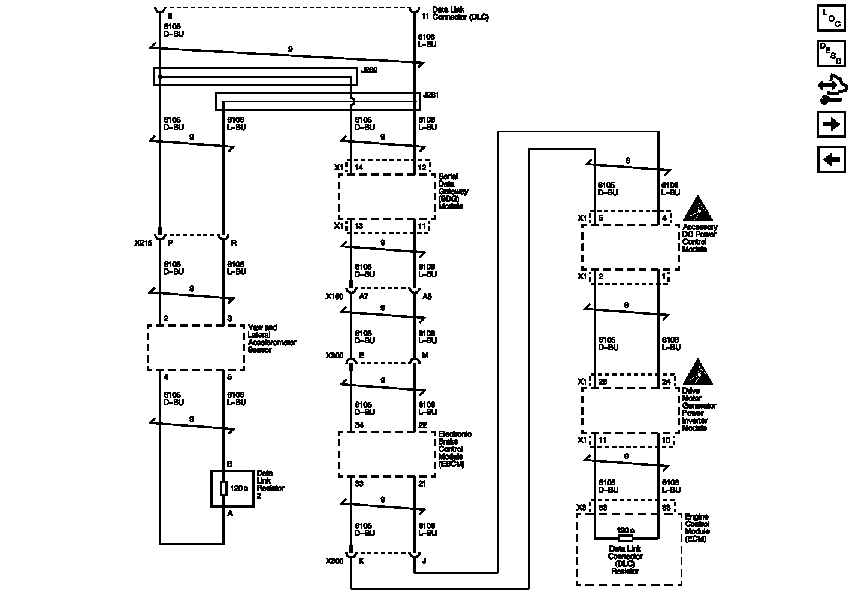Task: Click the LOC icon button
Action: [x=830, y=18]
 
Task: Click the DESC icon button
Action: [x=830, y=53]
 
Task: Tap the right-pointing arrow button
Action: [x=830, y=124]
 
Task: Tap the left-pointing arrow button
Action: [x=830, y=159]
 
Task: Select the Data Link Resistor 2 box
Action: [x=232, y=488]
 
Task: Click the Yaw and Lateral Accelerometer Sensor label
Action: [x=271, y=339]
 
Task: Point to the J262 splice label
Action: [x=369, y=71]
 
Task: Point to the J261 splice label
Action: [x=431, y=95]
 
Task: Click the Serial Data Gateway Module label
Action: [x=453, y=191]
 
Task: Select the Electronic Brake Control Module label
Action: [x=455, y=449]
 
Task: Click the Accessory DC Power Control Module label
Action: [x=699, y=238]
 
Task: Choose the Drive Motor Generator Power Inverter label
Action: [x=699, y=409]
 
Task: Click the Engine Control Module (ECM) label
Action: [x=697, y=527]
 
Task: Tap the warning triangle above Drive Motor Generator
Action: [x=697, y=373]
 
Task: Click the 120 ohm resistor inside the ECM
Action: [x=625, y=531]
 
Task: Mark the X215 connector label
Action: [x=143, y=244]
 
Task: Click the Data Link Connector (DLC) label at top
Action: [x=460, y=14]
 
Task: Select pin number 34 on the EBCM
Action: [x=359, y=425]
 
